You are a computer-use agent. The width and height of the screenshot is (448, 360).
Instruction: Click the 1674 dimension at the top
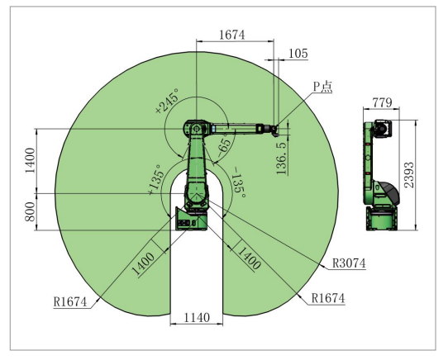[x=232, y=35]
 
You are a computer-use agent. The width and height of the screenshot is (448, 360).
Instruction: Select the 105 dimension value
[x=298, y=54]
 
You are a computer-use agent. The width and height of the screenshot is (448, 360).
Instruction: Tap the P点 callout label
[x=323, y=87]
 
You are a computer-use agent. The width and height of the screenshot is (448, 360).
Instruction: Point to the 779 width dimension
[x=382, y=102]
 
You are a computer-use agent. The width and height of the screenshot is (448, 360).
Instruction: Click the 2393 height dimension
[x=409, y=175]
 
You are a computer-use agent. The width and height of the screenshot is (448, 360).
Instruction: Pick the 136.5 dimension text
[x=282, y=158]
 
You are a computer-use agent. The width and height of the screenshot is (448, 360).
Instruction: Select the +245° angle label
[x=168, y=101]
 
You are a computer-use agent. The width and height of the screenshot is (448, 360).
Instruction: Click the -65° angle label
[x=223, y=145]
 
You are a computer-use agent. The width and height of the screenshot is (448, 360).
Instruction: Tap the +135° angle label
[x=156, y=180]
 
